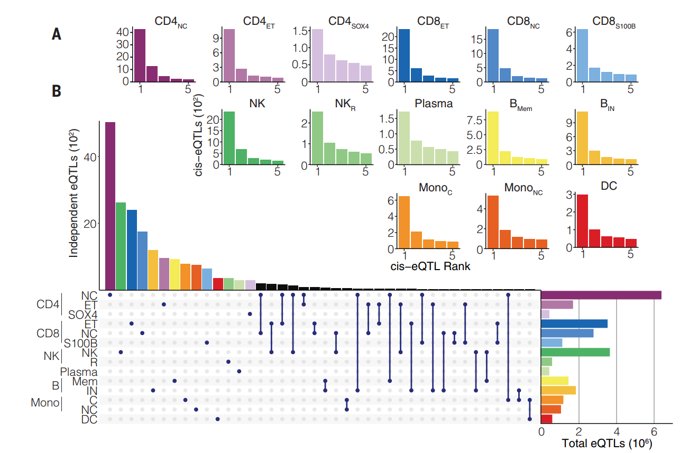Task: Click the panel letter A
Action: (57, 34)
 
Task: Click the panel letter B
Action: (57, 91)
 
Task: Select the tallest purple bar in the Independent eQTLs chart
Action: (110, 206)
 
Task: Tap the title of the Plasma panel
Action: (434, 103)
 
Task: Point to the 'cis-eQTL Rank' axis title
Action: (430, 266)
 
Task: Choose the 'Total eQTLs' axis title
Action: (606, 443)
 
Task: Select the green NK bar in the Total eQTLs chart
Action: (575, 352)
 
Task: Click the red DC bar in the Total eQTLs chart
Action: (547, 419)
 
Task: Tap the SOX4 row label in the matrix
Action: (83, 315)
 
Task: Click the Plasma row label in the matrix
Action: (79, 372)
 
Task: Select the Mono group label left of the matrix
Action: (45, 403)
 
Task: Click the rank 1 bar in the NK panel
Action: (229, 137)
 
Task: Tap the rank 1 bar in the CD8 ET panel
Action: (403, 56)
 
